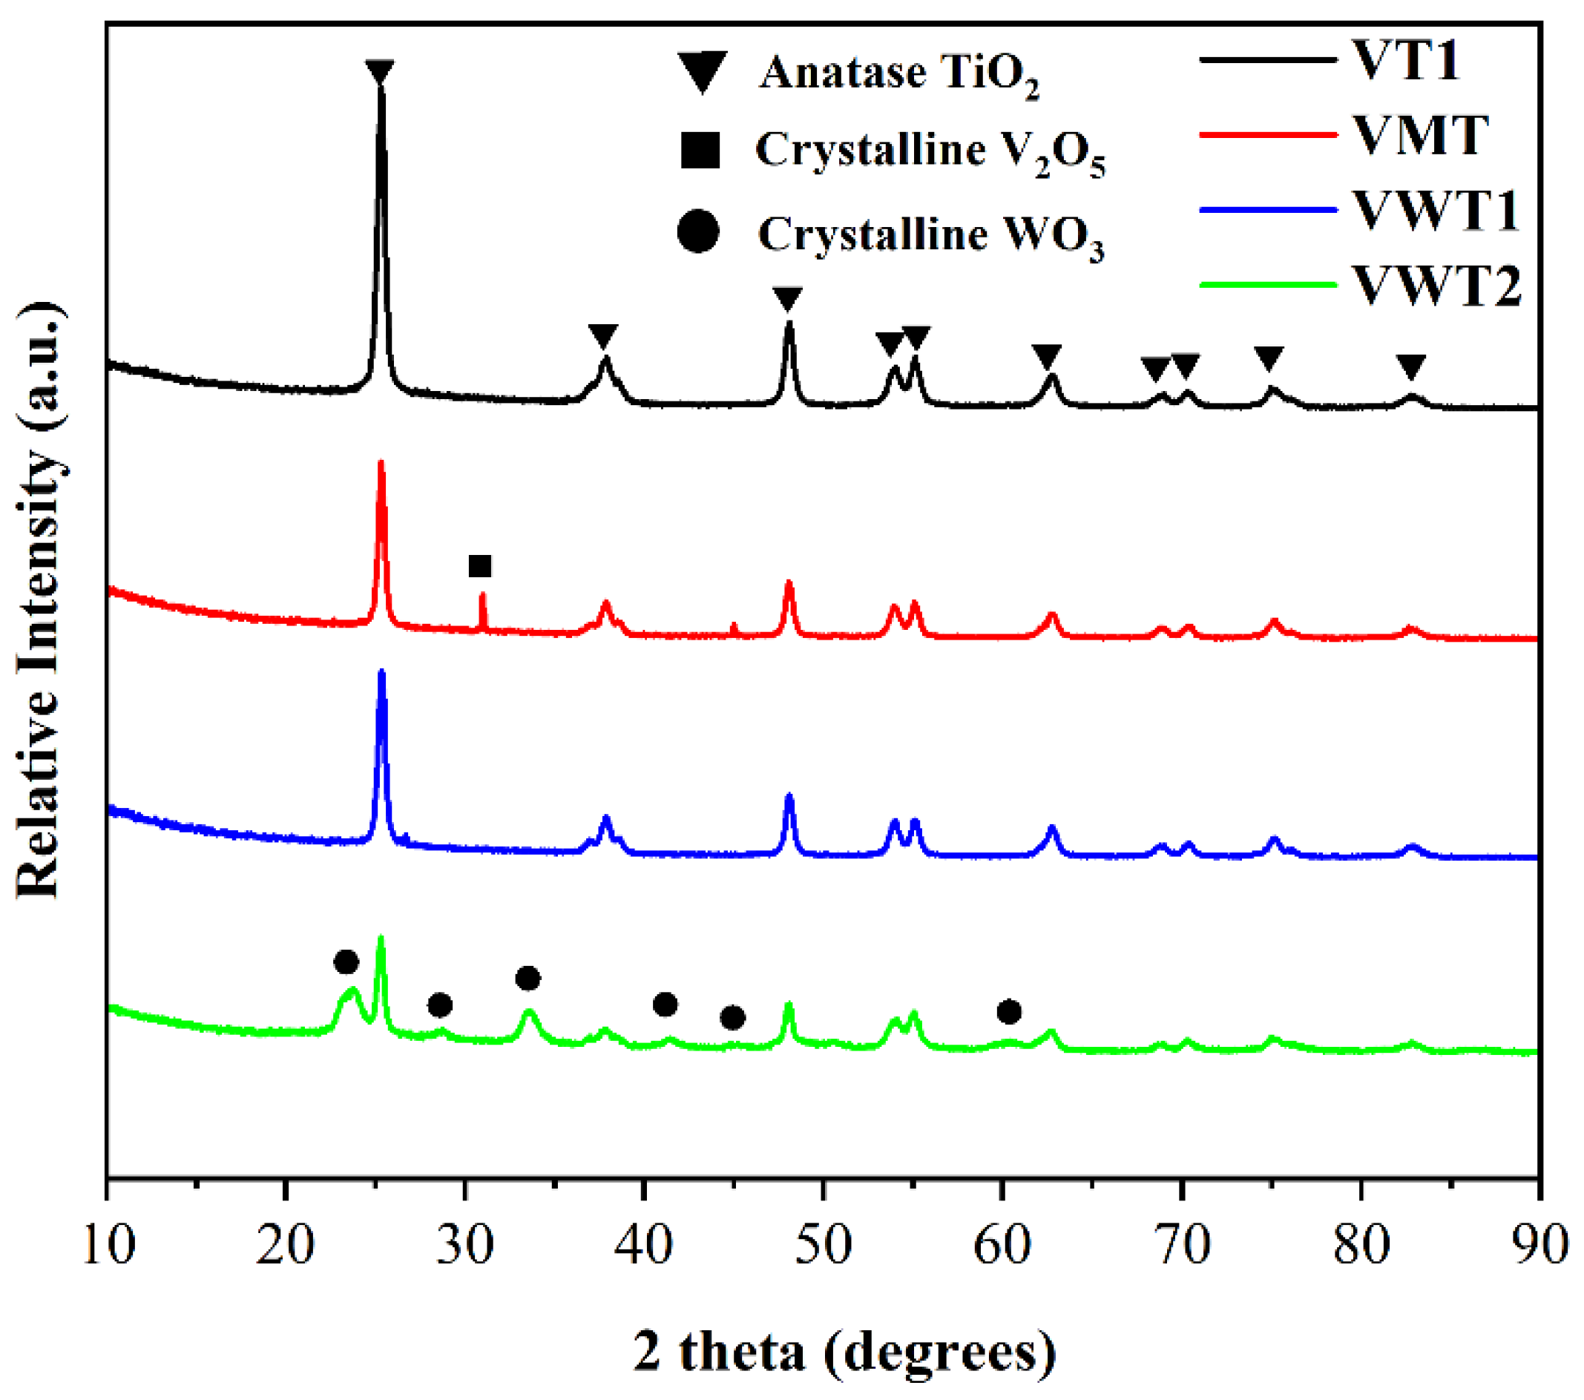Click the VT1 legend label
point(1406,59)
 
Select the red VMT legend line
point(1268,135)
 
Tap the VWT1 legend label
point(1436,210)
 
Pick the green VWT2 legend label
point(1438,285)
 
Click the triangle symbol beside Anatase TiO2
point(702,71)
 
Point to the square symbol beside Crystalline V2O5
point(700,150)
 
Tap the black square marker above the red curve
point(481,566)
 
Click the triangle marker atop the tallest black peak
point(380,72)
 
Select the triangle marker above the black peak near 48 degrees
point(787,298)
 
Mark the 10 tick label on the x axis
point(108,1244)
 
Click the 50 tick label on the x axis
point(823,1244)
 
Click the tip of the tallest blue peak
point(381,671)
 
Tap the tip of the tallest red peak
point(381,463)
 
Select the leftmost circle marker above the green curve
point(346,962)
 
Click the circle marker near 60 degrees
point(1009,1011)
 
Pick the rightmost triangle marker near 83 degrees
point(1411,367)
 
